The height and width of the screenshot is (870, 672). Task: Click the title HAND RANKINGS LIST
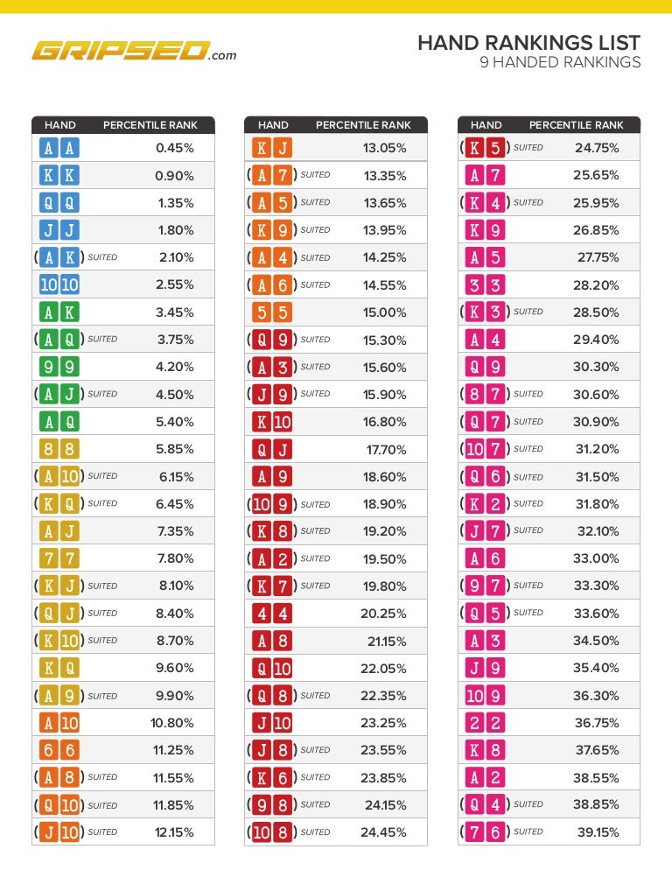click(x=528, y=43)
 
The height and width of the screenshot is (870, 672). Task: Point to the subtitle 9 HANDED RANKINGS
click(x=560, y=62)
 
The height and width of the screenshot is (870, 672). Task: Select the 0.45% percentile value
click(x=174, y=148)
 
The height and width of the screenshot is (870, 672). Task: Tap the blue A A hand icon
click(x=59, y=148)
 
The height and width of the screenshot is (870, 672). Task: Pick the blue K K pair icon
click(x=59, y=175)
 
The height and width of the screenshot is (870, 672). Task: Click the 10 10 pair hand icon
click(x=59, y=284)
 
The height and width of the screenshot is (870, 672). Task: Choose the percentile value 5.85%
click(x=175, y=449)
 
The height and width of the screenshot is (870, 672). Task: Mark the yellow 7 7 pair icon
click(x=59, y=558)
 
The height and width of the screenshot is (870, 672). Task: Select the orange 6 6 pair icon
click(x=59, y=750)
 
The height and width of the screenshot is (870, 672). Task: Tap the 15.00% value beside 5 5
click(x=384, y=312)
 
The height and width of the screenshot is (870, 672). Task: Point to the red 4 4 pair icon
click(x=272, y=614)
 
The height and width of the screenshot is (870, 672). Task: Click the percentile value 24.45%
click(x=383, y=832)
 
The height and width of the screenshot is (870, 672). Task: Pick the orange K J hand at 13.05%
click(x=272, y=148)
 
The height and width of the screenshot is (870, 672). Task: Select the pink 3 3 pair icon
click(x=485, y=285)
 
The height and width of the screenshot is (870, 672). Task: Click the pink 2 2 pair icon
click(x=485, y=723)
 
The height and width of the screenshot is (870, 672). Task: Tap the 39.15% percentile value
click(x=598, y=832)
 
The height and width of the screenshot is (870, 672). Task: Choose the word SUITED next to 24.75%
click(x=528, y=148)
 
